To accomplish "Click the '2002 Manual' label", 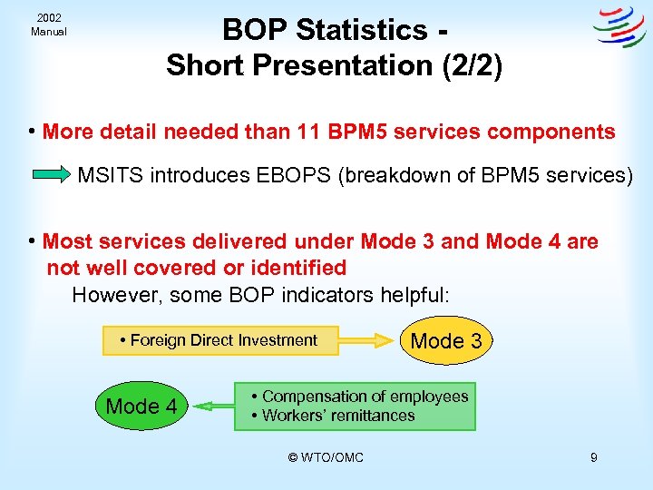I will tap(48, 24).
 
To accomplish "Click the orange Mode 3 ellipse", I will tap(446, 341).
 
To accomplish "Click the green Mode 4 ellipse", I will tap(141, 406).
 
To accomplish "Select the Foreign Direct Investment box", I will tap(220, 340).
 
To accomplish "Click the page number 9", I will tap(593, 457).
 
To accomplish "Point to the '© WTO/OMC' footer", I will tap(326, 457).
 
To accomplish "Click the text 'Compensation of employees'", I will tap(365, 397).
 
